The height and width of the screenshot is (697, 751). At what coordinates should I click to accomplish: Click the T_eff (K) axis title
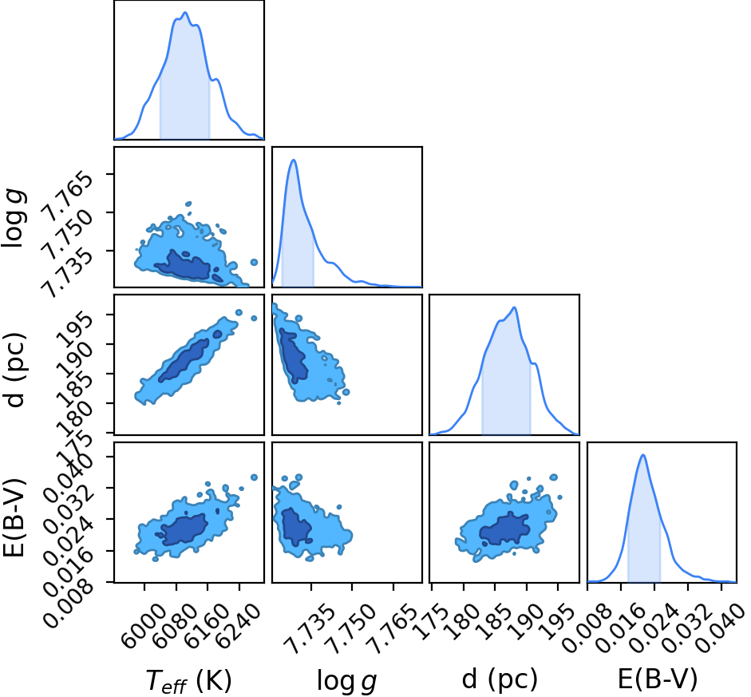pyautogui.click(x=188, y=680)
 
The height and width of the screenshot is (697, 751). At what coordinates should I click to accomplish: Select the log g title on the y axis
pyautogui.click(x=14, y=218)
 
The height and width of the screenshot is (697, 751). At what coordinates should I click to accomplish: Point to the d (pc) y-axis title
pyautogui.click(x=15, y=369)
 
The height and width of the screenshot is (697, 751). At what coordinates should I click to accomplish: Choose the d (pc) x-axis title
pyautogui.click(x=500, y=679)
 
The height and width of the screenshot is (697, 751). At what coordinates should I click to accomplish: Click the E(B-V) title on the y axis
pyautogui.click(x=14, y=518)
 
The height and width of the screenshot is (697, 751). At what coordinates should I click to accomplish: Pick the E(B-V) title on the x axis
pyautogui.click(x=658, y=679)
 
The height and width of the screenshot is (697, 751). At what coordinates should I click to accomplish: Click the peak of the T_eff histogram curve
pyautogui.click(x=185, y=13)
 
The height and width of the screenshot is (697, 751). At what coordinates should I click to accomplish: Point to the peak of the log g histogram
pyautogui.click(x=294, y=160)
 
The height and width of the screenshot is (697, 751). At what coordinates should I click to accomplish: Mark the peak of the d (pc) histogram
pyautogui.click(x=515, y=307)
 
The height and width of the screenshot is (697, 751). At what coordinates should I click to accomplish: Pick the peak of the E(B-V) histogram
pyautogui.click(x=643, y=455)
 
